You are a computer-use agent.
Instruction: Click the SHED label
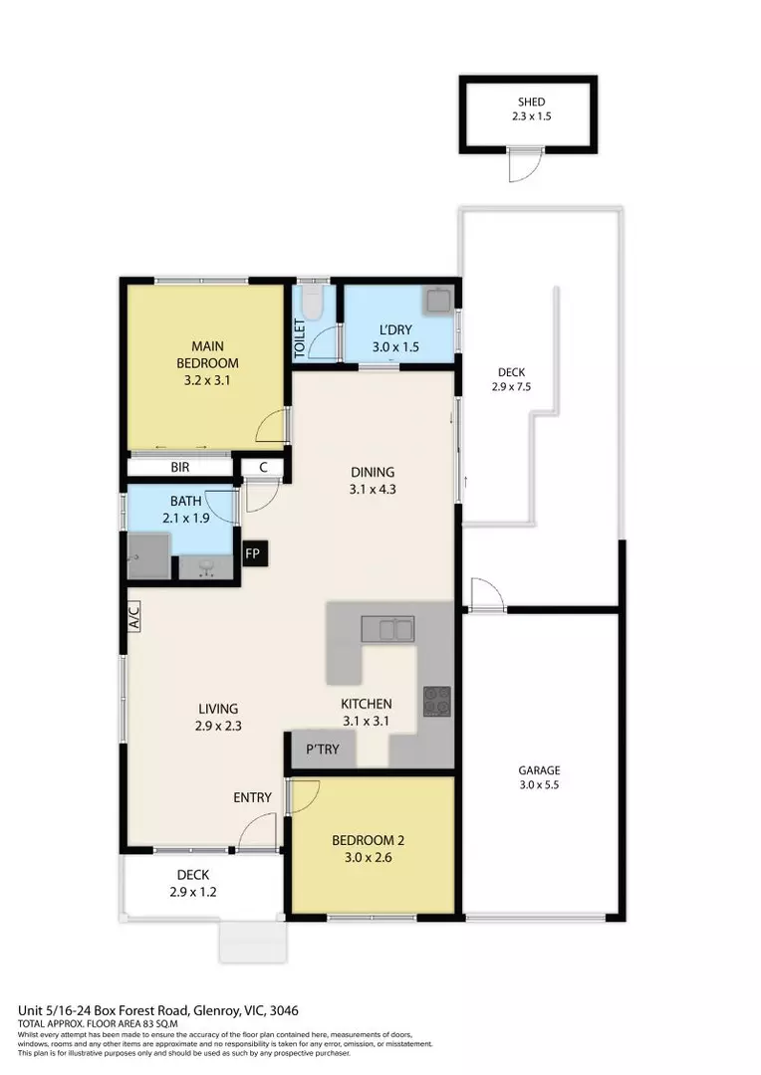[531, 103]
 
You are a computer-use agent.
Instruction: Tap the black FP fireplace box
[254, 553]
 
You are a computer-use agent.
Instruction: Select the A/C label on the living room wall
[133, 619]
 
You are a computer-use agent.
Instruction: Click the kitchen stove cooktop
[436, 701]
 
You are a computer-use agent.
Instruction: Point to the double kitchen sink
[388, 629]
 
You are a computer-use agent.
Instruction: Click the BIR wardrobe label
[180, 467]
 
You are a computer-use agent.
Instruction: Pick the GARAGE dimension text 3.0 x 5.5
[539, 785]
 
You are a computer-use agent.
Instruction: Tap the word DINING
[373, 472]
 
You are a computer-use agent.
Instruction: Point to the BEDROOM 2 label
[368, 840]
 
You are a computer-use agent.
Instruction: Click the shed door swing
[522, 167]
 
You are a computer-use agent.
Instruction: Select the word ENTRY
[252, 797]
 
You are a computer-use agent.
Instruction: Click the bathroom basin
[208, 566]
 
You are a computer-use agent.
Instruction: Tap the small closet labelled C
[263, 467]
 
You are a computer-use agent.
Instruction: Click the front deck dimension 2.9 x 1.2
[193, 892]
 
